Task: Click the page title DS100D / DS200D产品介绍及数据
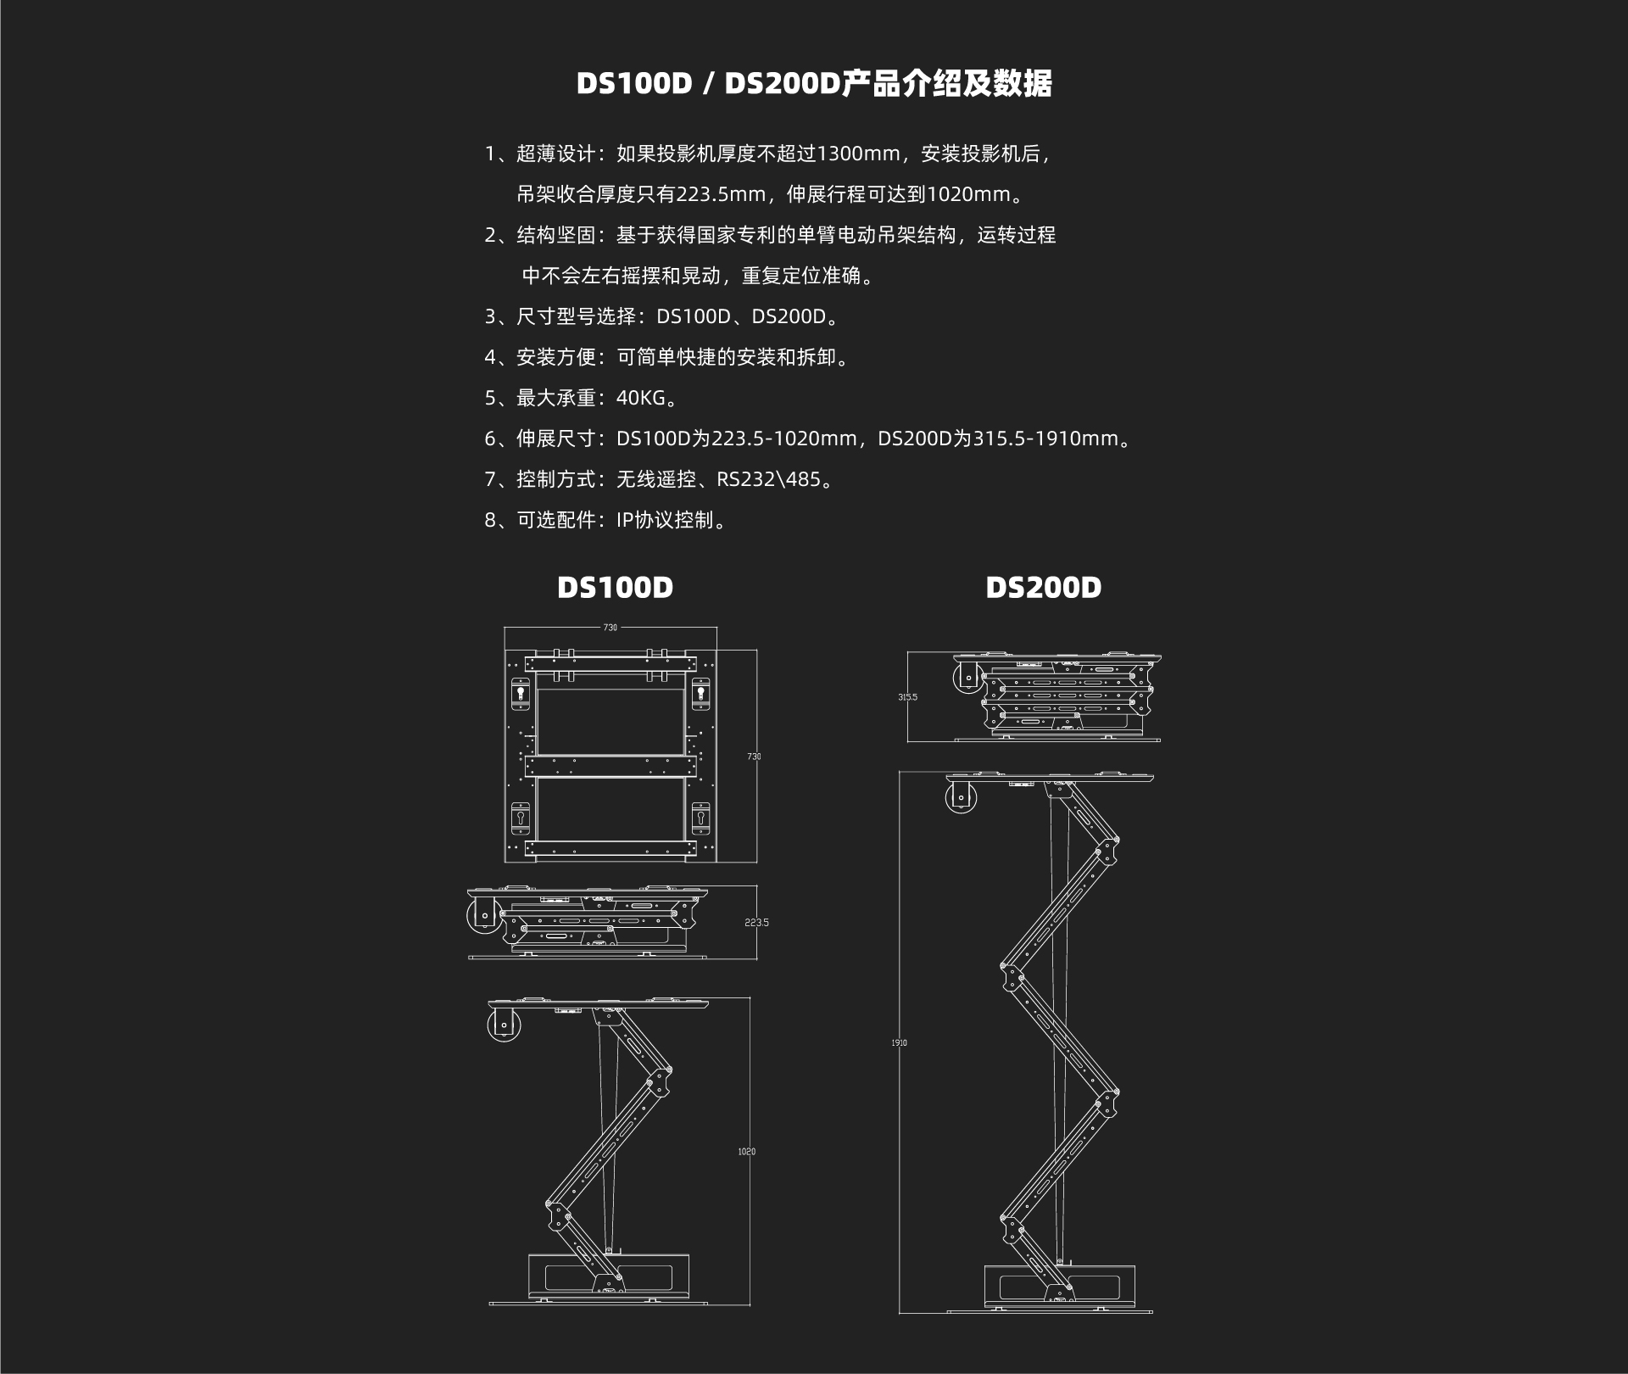[x=814, y=84]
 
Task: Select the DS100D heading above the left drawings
[x=615, y=587]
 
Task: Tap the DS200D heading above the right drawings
[x=1043, y=587]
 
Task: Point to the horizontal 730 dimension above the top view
[x=610, y=628]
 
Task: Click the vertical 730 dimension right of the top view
[x=754, y=756]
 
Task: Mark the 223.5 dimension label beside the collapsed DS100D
[x=756, y=923]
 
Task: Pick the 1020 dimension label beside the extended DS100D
[x=746, y=1152]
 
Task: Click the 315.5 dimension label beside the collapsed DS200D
[x=907, y=697]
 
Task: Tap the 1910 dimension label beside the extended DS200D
[x=899, y=1042]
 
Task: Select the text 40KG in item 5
[x=641, y=398]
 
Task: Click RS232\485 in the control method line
[x=768, y=479]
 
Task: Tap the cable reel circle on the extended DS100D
[x=505, y=1025]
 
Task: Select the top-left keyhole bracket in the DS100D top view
[x=521, y=695]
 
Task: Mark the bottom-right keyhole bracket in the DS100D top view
[x=700, y=818]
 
